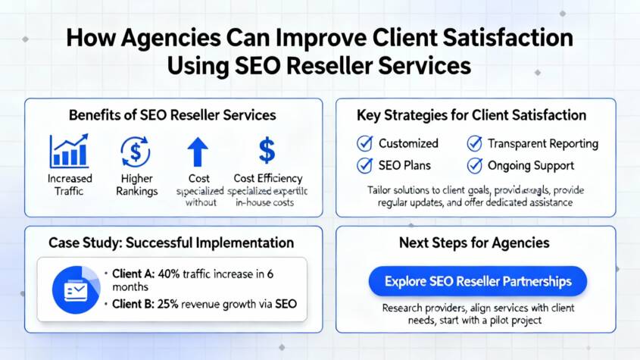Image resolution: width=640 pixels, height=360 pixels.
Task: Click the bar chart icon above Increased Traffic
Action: pyautogui.click(x=68, y=151)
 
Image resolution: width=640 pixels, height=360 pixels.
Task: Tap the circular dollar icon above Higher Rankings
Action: pyautogui.click(x=136, y=151)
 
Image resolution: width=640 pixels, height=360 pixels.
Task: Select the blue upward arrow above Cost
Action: pyautogui.click(x=197, y=151)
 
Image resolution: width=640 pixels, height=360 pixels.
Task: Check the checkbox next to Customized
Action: pyautogui.click(x=364, y=142)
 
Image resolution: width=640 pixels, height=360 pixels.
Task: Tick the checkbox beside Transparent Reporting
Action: pyautogui.click(x=474, y=142)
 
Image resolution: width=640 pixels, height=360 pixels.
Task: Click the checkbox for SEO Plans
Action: pyautogui.click(x=364, y=165)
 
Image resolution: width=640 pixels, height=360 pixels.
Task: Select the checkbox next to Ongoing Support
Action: pyautogui.click(x=474, y=165)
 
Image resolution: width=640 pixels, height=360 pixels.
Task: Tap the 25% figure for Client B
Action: pyautogui.click(x=170, y=305)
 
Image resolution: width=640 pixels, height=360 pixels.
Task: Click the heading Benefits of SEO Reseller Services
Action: pyautogui.click(x=173, y=115)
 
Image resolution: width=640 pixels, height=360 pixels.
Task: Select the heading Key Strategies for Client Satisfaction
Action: pyautogui.click(x=471, y=115)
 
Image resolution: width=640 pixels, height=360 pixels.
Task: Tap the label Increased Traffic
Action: pyautogui.click(x=69, y=185)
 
